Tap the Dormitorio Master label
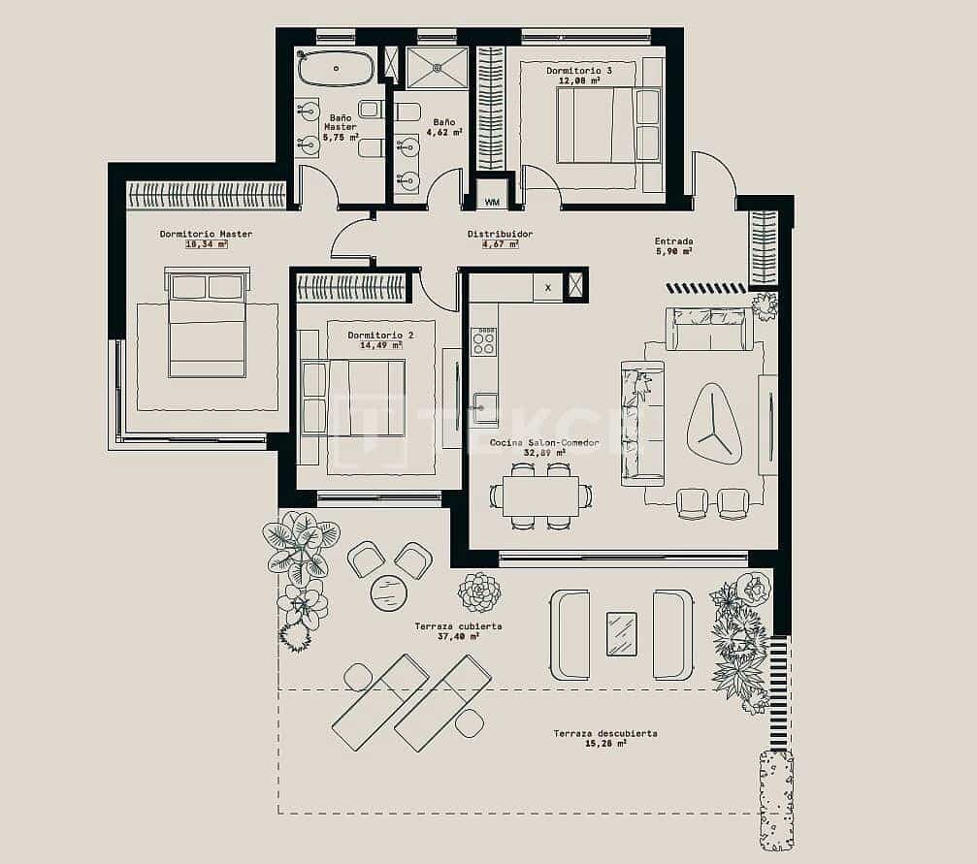[206, 234]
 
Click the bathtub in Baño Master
[335, 69]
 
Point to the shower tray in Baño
[437, 68]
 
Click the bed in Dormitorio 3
[596, 126]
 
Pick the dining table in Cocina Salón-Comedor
[540, 496]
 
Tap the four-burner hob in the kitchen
[483, 342]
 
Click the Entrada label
[673, 241]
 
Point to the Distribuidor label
[500, 234]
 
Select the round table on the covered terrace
[389, 592]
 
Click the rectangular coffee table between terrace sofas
[622, 633]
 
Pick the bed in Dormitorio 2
[352, 398]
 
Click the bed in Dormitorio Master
[207, 325]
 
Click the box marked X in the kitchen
[547, 288]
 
